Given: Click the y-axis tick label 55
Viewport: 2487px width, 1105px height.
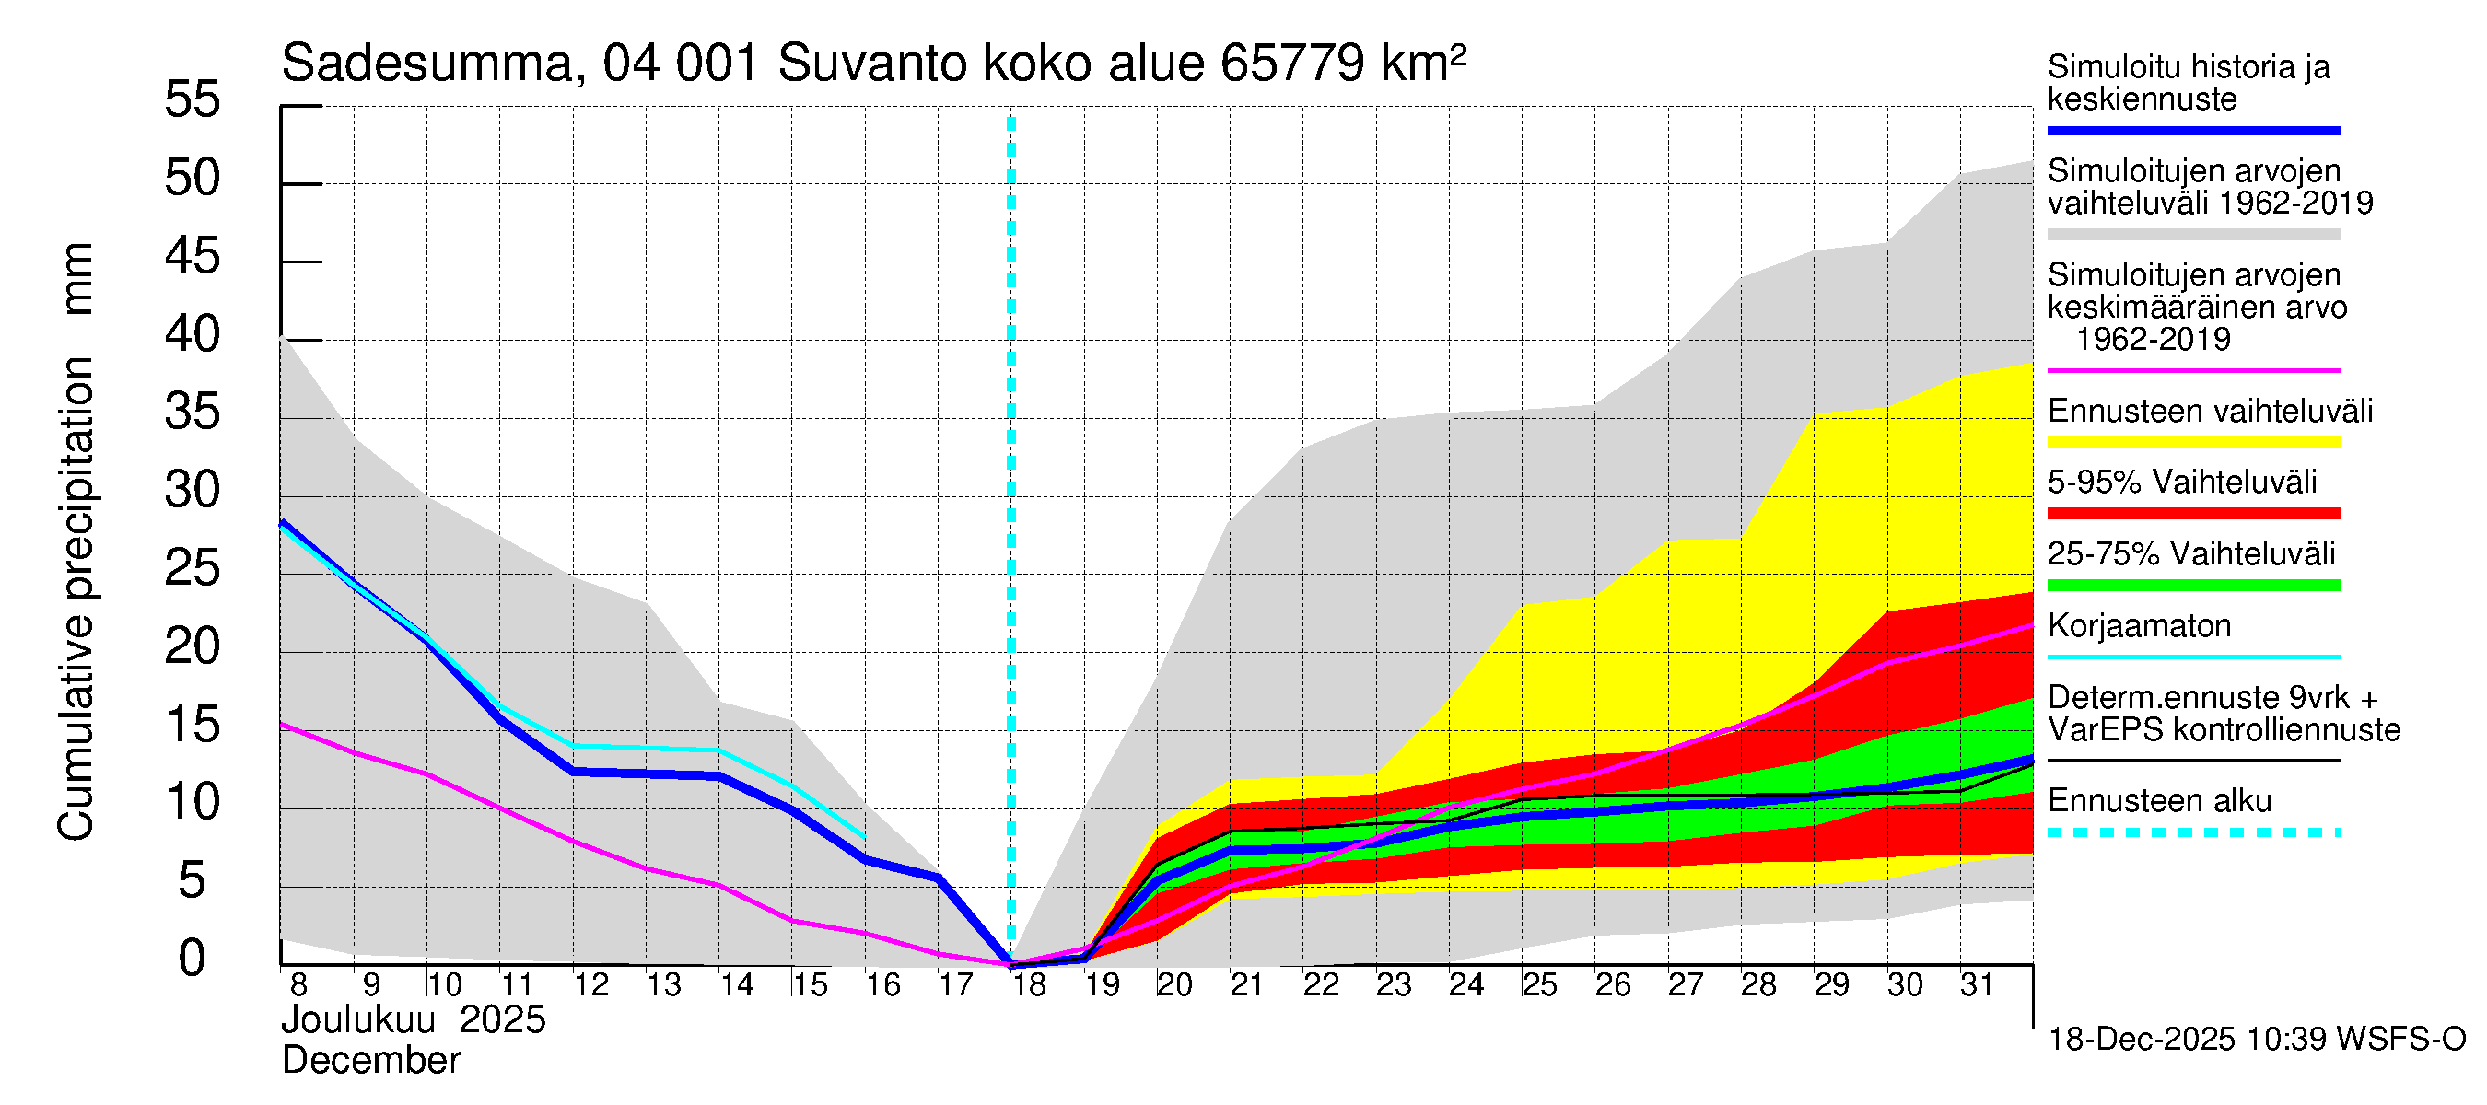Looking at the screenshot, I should pyautogui.click(x=193, y=99).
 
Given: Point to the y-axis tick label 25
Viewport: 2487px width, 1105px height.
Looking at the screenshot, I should pyautogui.click(x=193, y=568).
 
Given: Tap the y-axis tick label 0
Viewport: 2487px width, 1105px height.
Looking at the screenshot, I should pyautogui.click(x=193, y=959).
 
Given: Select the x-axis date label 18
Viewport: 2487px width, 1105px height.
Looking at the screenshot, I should pyautogui.click(x=1029, y=985).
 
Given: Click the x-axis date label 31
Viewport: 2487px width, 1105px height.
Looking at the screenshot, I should pyautogui.click(x=1977, y=985).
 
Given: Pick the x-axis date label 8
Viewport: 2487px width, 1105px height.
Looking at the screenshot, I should pyautogui.click(x=298, y=985).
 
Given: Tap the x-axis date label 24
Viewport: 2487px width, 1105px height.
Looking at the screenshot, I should pyautogui.click(x=1465, y=985).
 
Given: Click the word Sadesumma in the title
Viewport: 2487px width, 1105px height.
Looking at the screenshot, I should pyautogui.click(x=426, y=64).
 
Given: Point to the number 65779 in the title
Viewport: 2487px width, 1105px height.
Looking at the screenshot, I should pyautogui.click(x=1291, y=64).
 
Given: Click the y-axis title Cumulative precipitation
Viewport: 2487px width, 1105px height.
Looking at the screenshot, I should pyautogui.click(x=76, y=599).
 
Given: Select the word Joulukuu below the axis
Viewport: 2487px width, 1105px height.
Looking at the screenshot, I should pyautogui.click(x=358, y=1020).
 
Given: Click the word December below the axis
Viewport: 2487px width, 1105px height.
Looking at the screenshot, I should pyautogui.click(x=370, y=1061).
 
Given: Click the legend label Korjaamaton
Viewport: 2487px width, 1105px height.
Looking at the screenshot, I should pyautogui.click(x=2139, y=626).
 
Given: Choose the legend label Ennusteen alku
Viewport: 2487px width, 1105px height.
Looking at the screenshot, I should pyautogui.click(x=2159, y=801).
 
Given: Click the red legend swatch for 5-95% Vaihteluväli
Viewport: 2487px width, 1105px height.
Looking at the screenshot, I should pyautogui.click(x=2192, y=514).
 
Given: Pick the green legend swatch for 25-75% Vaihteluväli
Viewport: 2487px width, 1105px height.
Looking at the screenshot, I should pyautogui.click(x=2192, y=585).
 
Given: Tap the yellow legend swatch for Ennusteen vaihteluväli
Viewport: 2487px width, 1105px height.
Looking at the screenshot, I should pyautogui.click(x=2192, y=442).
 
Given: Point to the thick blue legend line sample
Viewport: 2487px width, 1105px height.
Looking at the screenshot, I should pyautogui.click(x=2192, y=130).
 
